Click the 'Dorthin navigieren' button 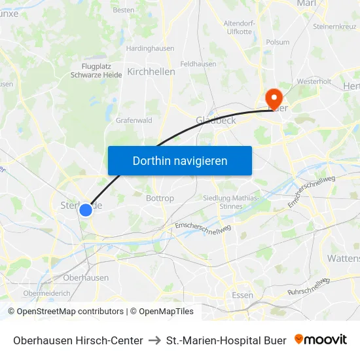pyautogui.click(x=180, y=160)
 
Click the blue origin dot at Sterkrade pyautogui.click(x=86, y=210)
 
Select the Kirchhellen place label pyautogui.click(x=151, y=71)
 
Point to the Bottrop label pyautogui.click(x=160, y=198)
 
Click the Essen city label pyautogui.click(x=242, y=295)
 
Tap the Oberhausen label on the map pyautogui.click(x=86, y=278)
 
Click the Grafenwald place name pyautogui.click(x=134, y=120)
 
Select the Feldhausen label pyautogui.click(x=198, y=64)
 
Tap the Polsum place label pyautogui.click(x=278, y=42)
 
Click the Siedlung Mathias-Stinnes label pyautogui.click(x=231, y=202)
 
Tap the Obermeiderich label pyautogui.click(x=46, y=293)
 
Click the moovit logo pyautogui.click(x=321, y=340)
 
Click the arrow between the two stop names pyautogui.click(x=154, y=340)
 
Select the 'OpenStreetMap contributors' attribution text pyautogui.click(x=69, y=312)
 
